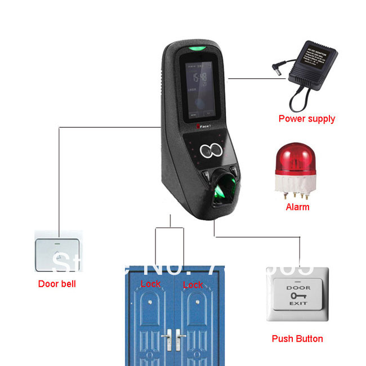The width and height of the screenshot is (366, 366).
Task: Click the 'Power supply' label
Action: coord(306,119)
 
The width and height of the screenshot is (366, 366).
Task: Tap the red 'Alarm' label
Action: coord(297,207)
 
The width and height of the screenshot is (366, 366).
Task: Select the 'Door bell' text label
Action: coord(57,284)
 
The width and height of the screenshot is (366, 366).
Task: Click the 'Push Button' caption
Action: coord(297,338)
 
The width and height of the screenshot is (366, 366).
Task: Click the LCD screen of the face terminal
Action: coord(200,84)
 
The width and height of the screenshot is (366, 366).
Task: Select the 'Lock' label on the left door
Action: coord(150,284)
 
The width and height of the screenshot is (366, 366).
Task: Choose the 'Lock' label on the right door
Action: coord(193,285)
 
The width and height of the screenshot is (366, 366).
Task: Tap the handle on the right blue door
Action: coord(181,338)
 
